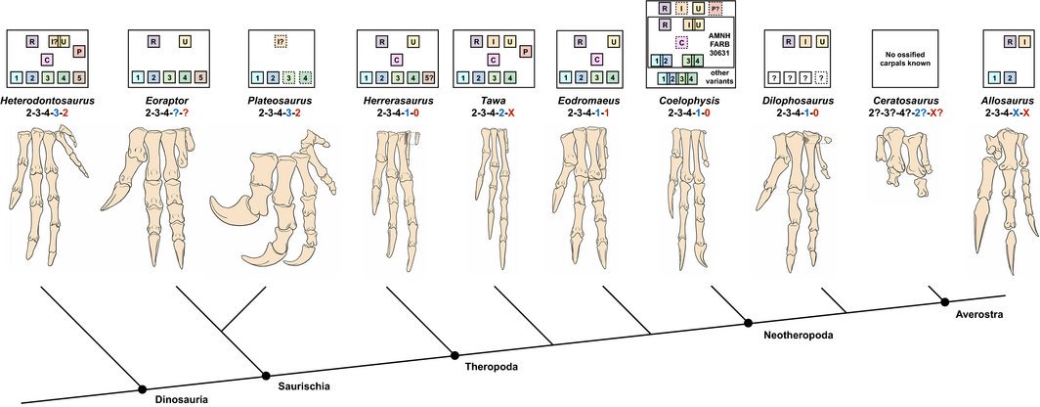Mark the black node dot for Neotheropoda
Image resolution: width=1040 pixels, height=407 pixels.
click(749, 322)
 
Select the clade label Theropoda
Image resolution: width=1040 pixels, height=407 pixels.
click(491, 367)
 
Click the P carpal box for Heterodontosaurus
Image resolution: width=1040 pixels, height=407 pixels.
click(79, 51)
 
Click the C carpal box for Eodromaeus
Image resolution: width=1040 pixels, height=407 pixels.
click(595, 59)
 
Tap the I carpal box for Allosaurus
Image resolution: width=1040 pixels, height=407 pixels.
click(1009, 42)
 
